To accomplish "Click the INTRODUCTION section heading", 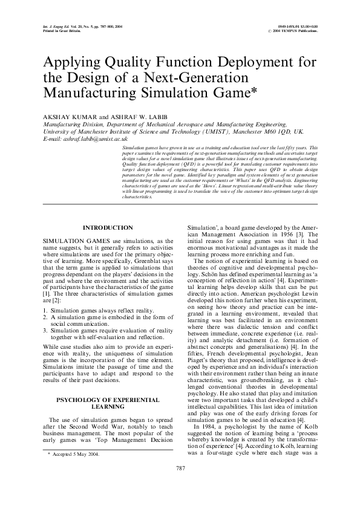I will (x=108, y=227).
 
